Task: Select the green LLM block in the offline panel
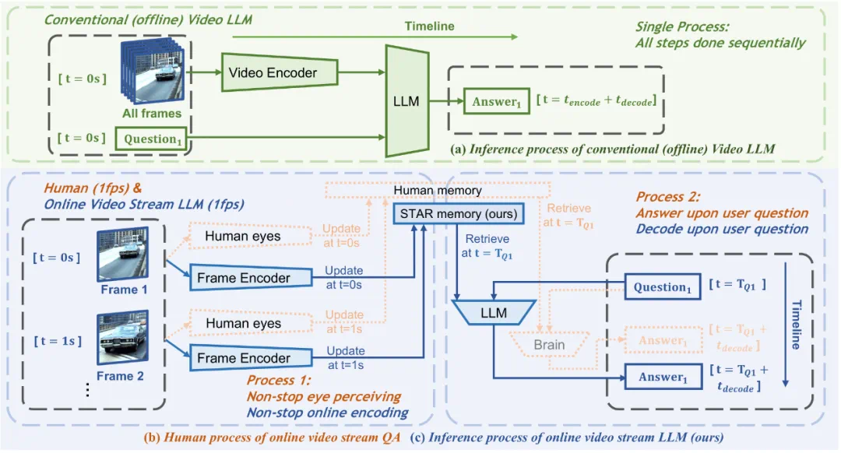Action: pos(407,102)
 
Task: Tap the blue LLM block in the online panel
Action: pos(493,313)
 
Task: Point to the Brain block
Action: pos(549,344)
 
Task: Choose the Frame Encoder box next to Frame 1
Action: pos(243,278)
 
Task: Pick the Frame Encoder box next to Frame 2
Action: pos(243,358)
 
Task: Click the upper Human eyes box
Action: pos(243,236)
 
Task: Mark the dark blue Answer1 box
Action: pos(663,377)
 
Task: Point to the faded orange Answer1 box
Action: pos(663,340)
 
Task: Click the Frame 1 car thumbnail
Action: pos(123,255)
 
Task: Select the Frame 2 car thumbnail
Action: pos(122,339)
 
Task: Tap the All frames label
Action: pos(151,114)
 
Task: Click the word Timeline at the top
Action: pos(429,26)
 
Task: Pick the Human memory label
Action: pos(438,190)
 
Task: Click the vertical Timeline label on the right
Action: pos(795,324)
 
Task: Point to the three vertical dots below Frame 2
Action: pos(87,391)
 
